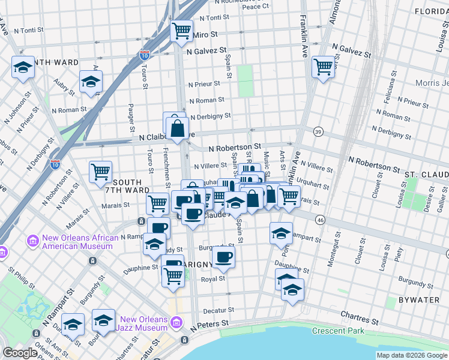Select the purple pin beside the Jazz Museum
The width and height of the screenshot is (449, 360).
[176, 323]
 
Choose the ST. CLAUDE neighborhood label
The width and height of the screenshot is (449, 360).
[426, 175]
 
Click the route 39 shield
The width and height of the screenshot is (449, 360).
[318, 131]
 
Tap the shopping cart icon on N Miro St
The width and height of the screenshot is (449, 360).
[181, 30]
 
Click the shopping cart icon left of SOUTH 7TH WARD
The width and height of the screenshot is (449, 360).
[100, 172]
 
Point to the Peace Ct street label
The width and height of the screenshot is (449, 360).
[255, 7]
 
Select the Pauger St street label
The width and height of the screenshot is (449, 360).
[131, 118]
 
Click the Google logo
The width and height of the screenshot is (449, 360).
[20, 353]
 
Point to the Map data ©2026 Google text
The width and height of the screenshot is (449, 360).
[412, 355]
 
